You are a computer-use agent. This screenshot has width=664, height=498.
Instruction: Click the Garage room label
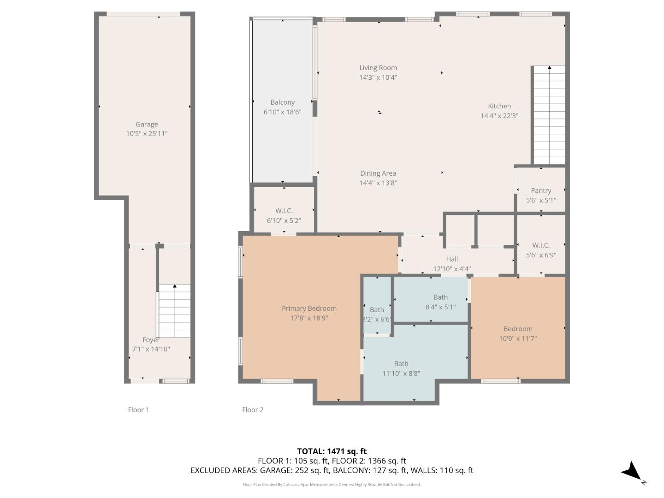pos(147,124)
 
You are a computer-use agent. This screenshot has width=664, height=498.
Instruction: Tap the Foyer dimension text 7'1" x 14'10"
pos(151,349)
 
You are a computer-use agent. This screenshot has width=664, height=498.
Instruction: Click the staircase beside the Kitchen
pos(549,115)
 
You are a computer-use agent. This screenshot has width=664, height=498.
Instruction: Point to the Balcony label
pos(282,102)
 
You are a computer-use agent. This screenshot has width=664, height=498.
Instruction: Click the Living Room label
pos(378,68)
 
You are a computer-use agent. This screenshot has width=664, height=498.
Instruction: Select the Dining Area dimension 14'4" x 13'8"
pos(378,183)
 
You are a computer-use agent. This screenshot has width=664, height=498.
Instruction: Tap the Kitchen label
pos(499,106)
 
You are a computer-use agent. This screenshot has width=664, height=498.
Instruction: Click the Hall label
pos(452,259)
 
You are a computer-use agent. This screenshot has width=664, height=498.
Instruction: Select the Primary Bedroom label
pos(309,308)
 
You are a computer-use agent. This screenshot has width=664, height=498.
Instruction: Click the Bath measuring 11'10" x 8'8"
pos(401,364)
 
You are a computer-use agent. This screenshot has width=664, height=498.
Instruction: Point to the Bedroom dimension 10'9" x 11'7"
pos(518,338)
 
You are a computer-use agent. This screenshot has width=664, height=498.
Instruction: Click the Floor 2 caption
pos(253,409)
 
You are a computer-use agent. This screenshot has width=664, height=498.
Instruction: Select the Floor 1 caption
pos(138,409)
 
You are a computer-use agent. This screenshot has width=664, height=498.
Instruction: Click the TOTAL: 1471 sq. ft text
pos(332,451)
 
